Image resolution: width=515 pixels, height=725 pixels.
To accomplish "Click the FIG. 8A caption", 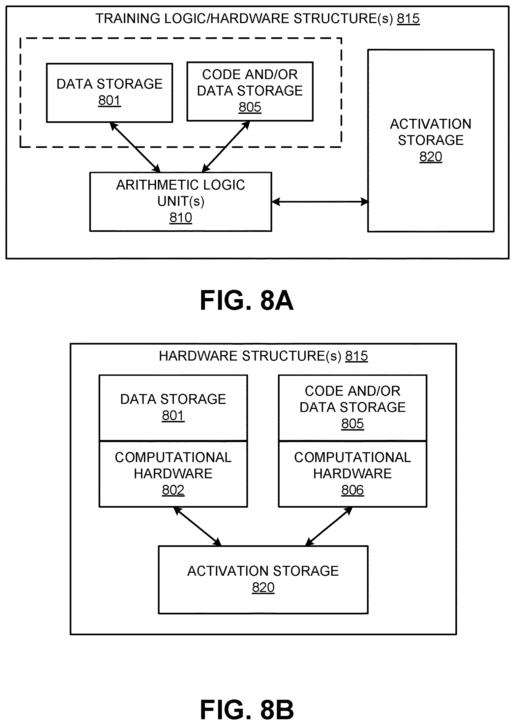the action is pos(246,300).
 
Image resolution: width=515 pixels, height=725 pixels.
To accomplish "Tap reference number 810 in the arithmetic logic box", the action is pos(181,218).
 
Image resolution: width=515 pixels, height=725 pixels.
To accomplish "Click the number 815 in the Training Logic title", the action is pos(408,18).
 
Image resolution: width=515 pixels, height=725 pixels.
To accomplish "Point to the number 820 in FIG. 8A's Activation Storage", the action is pos(431,156).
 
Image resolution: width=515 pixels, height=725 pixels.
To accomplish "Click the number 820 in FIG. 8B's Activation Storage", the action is pos(263,587).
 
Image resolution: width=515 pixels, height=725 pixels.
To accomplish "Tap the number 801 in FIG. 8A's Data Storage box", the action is pos(109,100).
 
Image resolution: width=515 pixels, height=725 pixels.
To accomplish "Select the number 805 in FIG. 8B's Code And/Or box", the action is pos(352,423).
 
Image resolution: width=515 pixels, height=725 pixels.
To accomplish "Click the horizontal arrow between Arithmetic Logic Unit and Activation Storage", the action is pos(320,201).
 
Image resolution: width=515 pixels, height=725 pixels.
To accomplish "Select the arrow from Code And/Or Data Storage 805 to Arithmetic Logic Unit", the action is pos(226,147).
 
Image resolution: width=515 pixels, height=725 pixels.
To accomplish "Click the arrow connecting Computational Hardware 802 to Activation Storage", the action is pos(197,526).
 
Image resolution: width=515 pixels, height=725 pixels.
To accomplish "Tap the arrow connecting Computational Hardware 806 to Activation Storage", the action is pos(329,526).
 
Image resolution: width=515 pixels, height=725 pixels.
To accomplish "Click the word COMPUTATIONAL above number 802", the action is pos(173,457).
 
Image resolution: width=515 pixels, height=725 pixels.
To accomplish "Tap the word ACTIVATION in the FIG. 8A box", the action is pos(431,124).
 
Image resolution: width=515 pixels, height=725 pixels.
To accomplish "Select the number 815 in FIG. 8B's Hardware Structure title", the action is pos(357,356).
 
